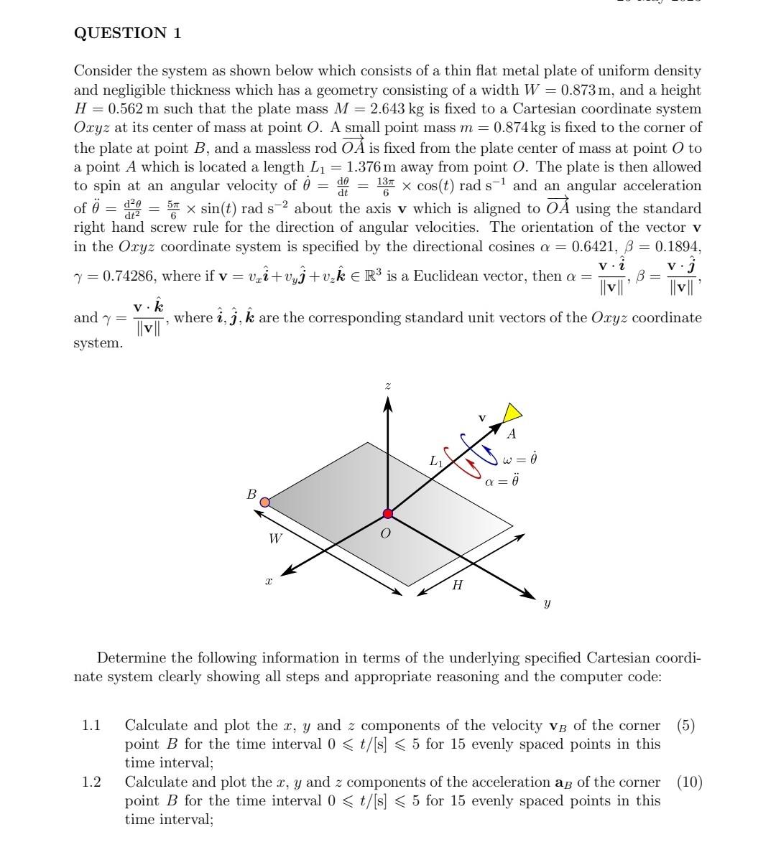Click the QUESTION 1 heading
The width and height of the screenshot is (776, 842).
click(x=128, y=33)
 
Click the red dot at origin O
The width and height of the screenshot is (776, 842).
click(x=388, y=513)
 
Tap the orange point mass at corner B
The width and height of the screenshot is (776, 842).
click(x=264, y=502)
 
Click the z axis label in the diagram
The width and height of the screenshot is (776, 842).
click(x=388, y=386)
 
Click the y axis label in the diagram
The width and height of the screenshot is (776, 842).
click(x=548, y=604)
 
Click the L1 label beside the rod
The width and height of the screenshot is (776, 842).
click(x=436, y=462)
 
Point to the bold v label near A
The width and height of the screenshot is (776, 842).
click(x=483, y=416)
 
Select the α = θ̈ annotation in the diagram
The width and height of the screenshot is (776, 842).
click(x=501, y=481)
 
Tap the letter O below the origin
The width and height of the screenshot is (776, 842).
click(x=386, y=534)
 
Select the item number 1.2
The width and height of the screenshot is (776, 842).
click(x=91, y=782)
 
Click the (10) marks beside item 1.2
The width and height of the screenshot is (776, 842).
click(x=689, y=782)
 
